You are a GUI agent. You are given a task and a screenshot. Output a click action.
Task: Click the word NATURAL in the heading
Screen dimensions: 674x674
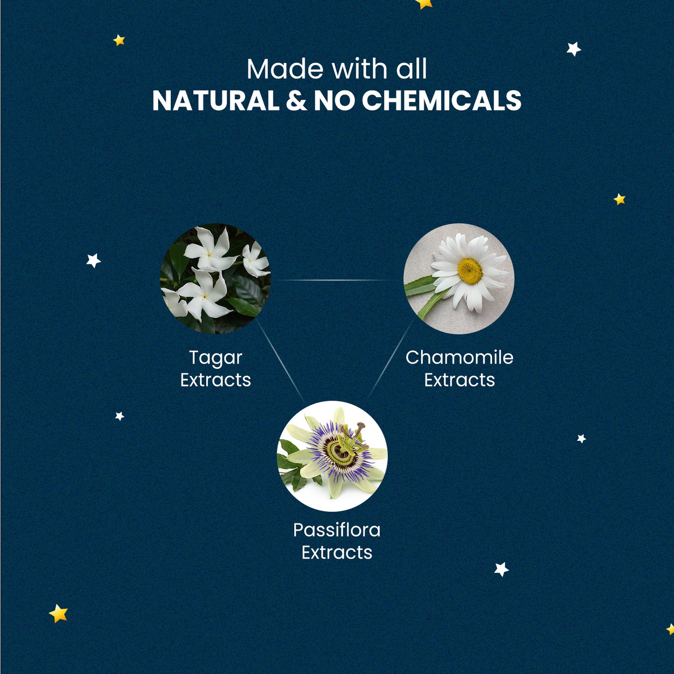[x=215, y=101]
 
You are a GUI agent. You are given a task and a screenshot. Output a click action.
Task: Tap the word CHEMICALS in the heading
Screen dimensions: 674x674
[x=441, y=101]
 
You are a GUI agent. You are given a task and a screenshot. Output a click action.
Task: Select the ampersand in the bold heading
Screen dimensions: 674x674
[x=296, y=101]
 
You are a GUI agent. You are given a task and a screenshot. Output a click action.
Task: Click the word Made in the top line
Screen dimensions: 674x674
[x=285, y=69]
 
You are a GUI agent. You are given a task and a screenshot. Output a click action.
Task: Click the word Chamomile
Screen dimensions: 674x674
[x=459, y=357]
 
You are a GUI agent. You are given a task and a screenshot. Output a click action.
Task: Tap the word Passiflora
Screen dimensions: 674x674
[x=337, y=530]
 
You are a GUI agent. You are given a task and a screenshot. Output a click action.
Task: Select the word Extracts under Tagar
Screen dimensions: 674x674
[x=215, y=380]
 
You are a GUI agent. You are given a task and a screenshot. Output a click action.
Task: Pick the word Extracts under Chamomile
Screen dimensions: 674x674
[x=459, y=380]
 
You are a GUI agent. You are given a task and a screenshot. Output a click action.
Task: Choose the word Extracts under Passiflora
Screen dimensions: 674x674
[x=337, y=553]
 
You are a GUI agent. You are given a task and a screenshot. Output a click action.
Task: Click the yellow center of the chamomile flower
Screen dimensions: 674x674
[x=470, y=271]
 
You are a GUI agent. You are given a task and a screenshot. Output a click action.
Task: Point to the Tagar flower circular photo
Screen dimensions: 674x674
[x=215, y=279]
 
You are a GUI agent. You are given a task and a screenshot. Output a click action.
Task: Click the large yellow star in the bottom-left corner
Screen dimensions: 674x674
[x=58, y=614]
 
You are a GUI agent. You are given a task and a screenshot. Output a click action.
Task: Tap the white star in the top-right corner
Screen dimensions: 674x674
[x=574, y=49]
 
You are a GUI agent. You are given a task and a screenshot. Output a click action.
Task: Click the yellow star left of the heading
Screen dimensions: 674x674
[x=119, y=40]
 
